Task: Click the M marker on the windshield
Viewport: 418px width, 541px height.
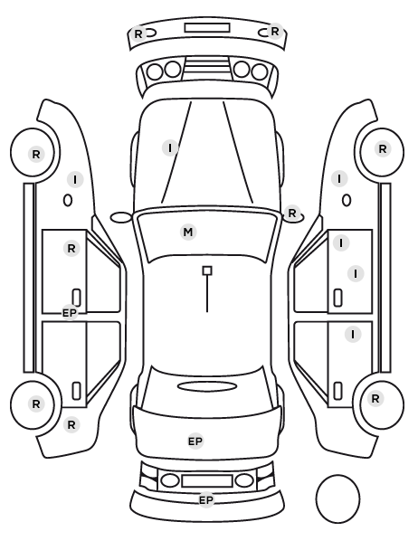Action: tap(188, 233)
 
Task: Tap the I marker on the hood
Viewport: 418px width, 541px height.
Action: tap(170, 148)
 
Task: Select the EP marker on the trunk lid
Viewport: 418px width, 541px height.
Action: tap(195, 441)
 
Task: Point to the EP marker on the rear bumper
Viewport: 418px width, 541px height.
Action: tap(206, 500)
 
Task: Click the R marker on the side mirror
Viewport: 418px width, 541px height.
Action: tap(292, 214)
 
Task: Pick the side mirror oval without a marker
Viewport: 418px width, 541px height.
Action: tap(121, 217)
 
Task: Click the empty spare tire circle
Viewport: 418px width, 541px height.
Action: tap(337, 498)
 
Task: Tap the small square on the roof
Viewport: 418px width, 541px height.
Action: tap(207, 270)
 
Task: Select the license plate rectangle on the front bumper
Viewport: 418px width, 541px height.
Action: tap(207, 28)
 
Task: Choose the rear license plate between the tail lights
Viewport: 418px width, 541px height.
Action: tap(207, 480)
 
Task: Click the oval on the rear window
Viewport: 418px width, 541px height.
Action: tap(207, 386)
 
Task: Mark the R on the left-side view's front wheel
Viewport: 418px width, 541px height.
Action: tap(36, 155)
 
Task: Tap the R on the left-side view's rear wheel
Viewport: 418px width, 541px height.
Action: tap(36, 404)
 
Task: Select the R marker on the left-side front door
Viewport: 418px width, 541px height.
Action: tap(71, 249)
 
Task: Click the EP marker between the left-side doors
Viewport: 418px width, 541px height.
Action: tap(70, 313)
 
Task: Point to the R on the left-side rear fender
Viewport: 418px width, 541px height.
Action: tap(71, 424)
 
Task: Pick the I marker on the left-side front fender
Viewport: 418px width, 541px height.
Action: tap(75, 180)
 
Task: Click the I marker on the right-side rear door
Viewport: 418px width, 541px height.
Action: tap(353, 335)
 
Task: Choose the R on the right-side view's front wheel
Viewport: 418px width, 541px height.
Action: tap(383, 149)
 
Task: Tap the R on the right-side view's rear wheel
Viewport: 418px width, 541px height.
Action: tap(375, 399)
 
